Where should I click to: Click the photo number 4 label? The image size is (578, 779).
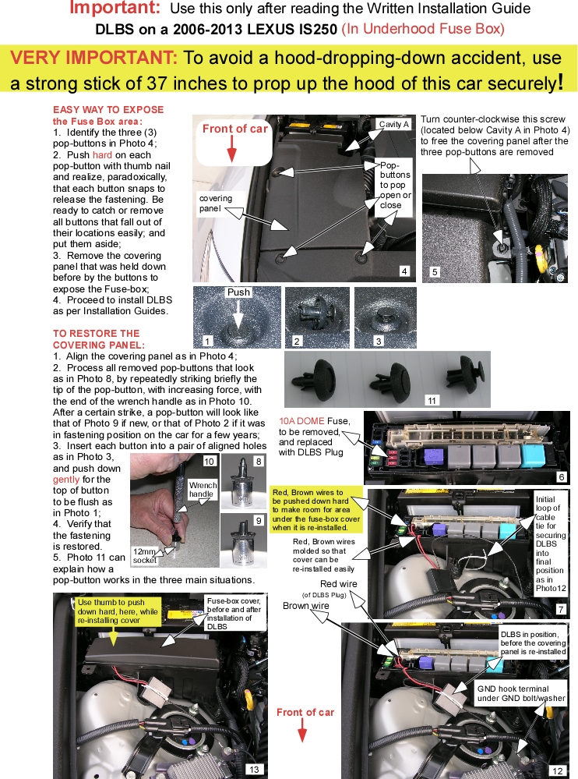tap(404, 271)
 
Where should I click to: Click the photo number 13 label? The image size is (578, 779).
tap(253, 769)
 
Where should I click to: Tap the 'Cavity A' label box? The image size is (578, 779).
tap(393, 124)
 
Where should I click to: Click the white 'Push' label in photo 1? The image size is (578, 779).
tap(238, 292)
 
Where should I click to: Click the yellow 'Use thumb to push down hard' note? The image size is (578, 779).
tap(118, 612)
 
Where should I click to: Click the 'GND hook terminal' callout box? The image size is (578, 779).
tap(520, 693)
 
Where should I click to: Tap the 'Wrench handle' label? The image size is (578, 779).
tap(201, 489)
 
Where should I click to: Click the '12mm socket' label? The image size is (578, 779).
tap(145, 555)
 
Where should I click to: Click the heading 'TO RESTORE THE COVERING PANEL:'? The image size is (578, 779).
tap(98, 338)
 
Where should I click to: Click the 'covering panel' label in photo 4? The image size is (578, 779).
tap(214, 204)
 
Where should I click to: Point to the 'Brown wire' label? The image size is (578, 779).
tap(306, 606)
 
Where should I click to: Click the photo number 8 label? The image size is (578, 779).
tap(259, 461)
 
